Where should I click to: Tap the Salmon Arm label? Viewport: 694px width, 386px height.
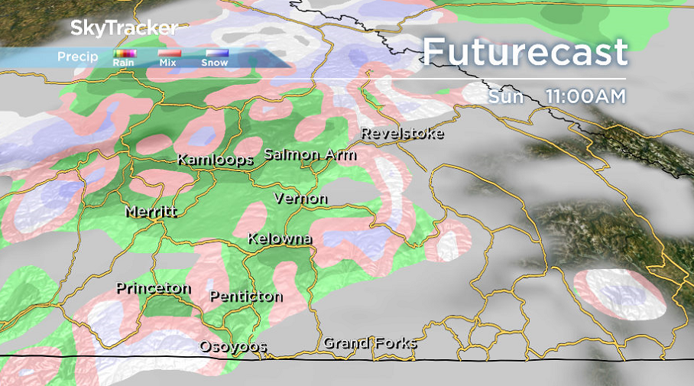[310, 154]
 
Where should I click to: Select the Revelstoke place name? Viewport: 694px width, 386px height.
[401, 133]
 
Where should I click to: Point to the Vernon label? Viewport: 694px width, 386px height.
[300, 199]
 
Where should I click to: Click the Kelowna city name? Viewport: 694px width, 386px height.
[279, 238]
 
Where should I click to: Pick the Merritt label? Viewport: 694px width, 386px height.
[151, 211]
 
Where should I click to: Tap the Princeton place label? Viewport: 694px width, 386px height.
[153, 288]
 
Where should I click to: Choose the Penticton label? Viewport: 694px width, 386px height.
[245, 296]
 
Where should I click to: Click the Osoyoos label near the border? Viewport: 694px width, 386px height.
[233, 346]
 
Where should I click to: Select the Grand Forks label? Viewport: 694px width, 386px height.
[370, 342]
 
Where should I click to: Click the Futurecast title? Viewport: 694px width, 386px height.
[525, 52]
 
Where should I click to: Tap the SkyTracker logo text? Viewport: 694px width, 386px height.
[124, 28]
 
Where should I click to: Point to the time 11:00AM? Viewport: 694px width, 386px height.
[585, 97]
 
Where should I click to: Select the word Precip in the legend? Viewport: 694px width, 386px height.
[77, 57]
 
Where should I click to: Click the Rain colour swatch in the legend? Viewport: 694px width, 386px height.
[125, 53]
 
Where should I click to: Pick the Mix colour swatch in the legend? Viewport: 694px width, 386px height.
[169, 53]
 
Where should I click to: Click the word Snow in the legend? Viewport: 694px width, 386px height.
[215, 63]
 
